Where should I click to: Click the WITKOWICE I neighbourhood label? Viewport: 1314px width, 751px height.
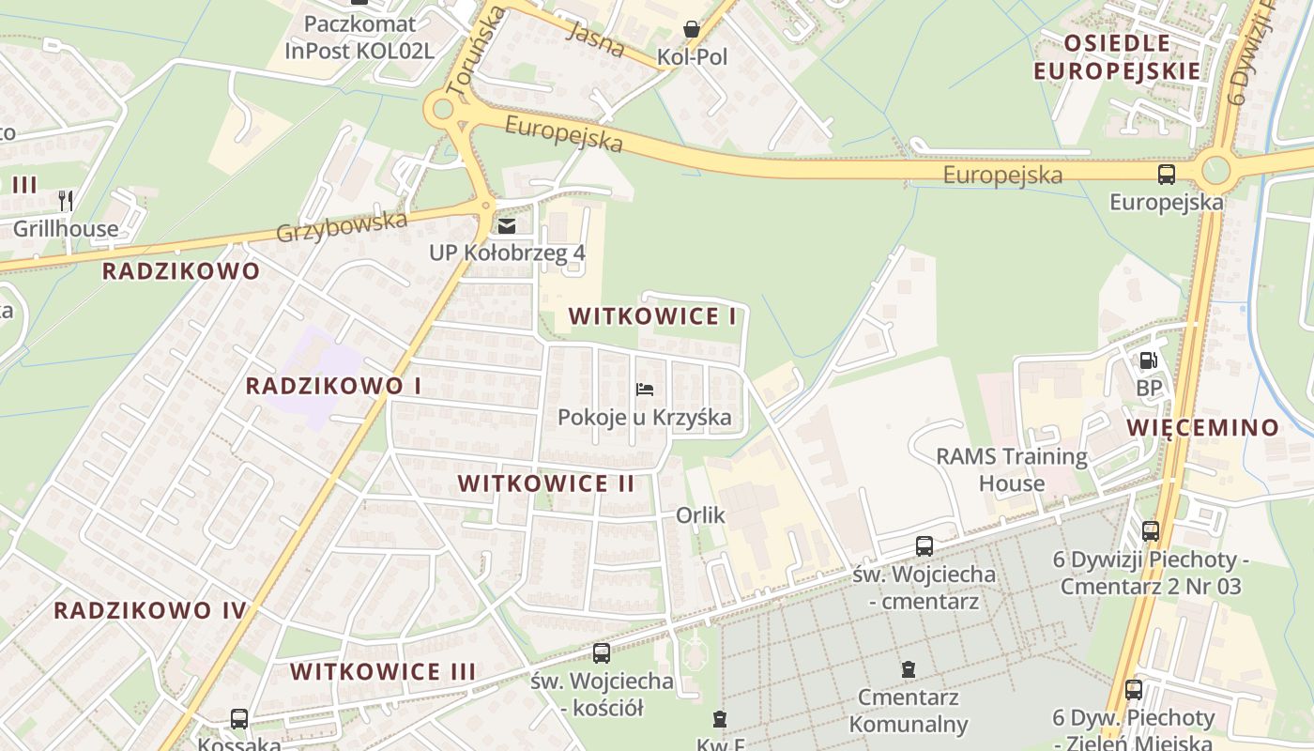[652, 316]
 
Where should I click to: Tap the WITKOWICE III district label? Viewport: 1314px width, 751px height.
[383, 672]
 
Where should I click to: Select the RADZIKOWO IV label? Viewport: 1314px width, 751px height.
[150, 611]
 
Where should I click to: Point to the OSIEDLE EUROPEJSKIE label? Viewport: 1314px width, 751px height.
[1117, 57]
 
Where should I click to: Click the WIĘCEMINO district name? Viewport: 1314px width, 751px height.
[1203, 428]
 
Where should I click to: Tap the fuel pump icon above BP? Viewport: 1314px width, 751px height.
[1148, 360]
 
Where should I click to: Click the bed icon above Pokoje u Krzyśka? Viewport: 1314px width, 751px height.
[644, 390]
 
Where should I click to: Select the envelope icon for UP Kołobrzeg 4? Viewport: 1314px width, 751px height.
[507, 226]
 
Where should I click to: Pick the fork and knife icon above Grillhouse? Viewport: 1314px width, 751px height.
[66, 200]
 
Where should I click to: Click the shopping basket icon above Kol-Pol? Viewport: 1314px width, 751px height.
[692, 30]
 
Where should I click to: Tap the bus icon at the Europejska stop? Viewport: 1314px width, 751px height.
[1167, 174]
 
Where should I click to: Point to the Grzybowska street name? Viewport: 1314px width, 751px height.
[342, 226]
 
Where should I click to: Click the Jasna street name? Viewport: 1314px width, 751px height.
[596, 39]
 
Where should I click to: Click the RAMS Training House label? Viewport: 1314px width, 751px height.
[1012, 470]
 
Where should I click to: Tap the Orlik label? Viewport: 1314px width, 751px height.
[701, 515]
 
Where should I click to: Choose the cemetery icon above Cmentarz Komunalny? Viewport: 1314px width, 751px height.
[908, 669]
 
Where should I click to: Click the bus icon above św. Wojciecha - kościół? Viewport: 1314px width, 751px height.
[602, 652]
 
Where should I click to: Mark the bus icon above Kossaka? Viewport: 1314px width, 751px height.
[239, 719]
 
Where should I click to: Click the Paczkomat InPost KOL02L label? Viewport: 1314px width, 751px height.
[359, 37]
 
